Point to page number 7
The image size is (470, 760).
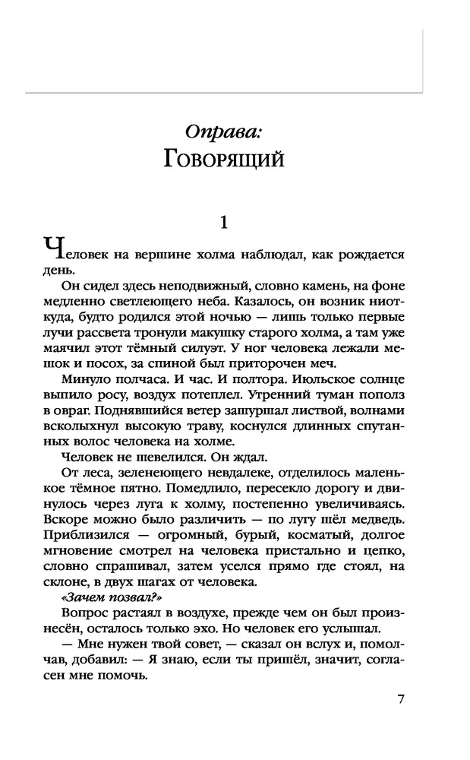click(400, 700)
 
